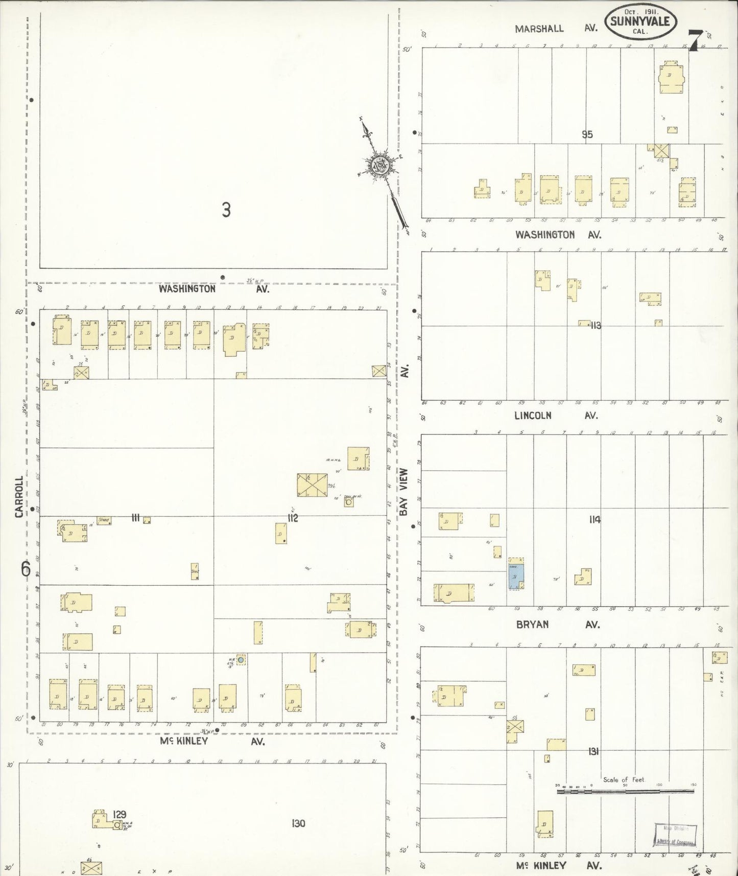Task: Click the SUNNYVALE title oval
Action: coord(641,23)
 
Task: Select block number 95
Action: coord(587,135)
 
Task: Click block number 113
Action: coord(595,325)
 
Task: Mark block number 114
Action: coord(594,520)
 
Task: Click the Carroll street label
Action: coord(19,497)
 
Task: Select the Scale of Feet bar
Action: coord(625,791)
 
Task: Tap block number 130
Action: coord(298,823)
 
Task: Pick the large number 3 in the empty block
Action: coord(226,210)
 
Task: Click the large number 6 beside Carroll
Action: coord(26,568)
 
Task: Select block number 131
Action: coord(593,751)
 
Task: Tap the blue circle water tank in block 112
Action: coord(241,660)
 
